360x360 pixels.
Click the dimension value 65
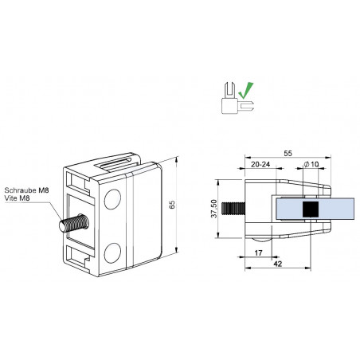pos(172,205)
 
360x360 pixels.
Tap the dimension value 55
pos(288,153)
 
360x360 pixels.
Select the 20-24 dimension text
pos(260,165)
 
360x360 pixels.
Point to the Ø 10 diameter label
pos(311,164)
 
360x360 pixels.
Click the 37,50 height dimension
pos(214,209)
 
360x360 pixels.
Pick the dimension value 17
pos(258,253)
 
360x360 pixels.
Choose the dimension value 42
pos(277,264)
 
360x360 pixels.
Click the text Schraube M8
pos(26,190)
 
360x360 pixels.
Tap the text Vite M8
pos(17,198)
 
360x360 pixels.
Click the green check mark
pos(245,90)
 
